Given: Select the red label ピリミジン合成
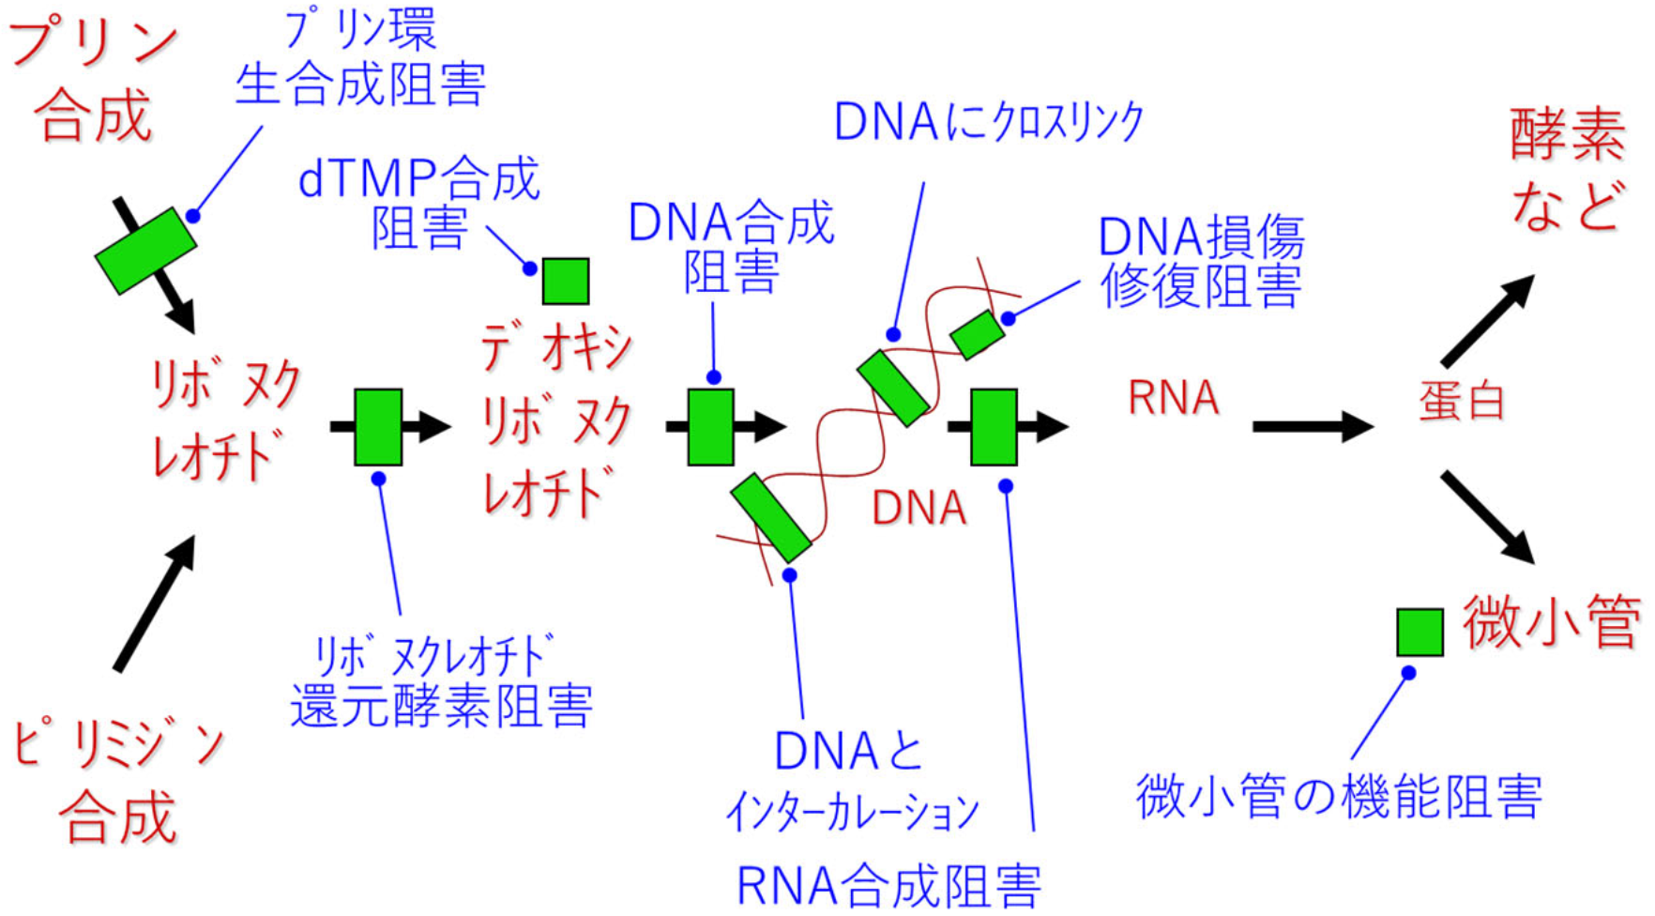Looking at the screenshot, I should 118,781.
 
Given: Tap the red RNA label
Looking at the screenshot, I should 1173,397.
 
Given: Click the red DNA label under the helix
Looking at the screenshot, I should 919,508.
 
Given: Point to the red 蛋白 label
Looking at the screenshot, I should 1462,402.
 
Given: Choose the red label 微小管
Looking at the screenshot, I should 1550,621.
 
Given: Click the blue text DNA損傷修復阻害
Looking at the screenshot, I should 1201,261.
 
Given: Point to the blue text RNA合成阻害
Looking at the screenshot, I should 888,885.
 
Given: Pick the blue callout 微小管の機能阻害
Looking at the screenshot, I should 1339,796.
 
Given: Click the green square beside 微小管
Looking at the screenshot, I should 1420,632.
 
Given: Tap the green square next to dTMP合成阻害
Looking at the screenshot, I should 566,281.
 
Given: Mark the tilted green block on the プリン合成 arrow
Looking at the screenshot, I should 145,251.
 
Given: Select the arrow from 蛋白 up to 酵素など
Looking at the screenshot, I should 1487,321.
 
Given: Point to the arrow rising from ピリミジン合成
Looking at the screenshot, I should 155,603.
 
